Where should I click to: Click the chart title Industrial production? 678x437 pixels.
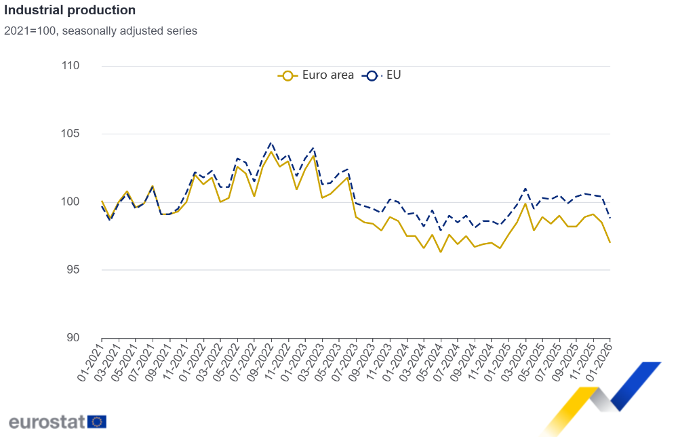click(70, 11)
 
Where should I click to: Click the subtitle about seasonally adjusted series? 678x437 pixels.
click(100, 31)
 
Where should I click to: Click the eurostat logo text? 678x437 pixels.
click(47, 421)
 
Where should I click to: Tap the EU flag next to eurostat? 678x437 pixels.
click(97, 421)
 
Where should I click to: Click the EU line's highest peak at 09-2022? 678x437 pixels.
click(271, 143)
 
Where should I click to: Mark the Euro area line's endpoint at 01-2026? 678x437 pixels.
click(610, 242)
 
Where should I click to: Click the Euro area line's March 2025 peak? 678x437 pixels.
click(525, 204)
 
